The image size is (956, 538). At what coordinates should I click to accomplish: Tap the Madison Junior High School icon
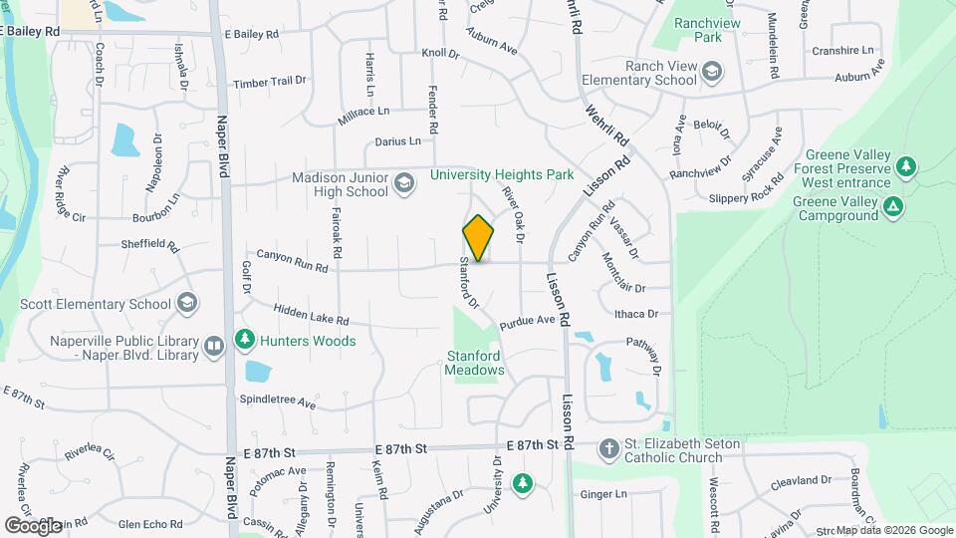pos(403,183)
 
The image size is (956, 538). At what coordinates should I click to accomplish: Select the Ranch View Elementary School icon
pos(712,72)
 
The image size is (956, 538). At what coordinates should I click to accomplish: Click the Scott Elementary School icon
pos(186,303)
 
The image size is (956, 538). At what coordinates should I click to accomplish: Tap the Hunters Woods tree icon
pos(244,341)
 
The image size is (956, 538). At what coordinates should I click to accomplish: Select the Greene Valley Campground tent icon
pos(894,207)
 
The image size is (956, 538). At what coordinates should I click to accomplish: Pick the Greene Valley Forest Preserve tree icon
pos(905,166)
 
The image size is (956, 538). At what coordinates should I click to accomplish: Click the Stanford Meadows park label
pos(474,362)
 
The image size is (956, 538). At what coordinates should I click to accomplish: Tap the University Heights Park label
pos(502,174)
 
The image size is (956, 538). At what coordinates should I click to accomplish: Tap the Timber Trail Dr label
pos(270,83)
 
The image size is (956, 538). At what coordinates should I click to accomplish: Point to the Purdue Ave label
pos(527,322)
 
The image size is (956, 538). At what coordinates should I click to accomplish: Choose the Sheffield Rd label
pos(148,245)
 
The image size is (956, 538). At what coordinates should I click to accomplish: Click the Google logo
pos(33,525)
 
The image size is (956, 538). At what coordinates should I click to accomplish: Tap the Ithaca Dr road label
pos(636,314)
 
